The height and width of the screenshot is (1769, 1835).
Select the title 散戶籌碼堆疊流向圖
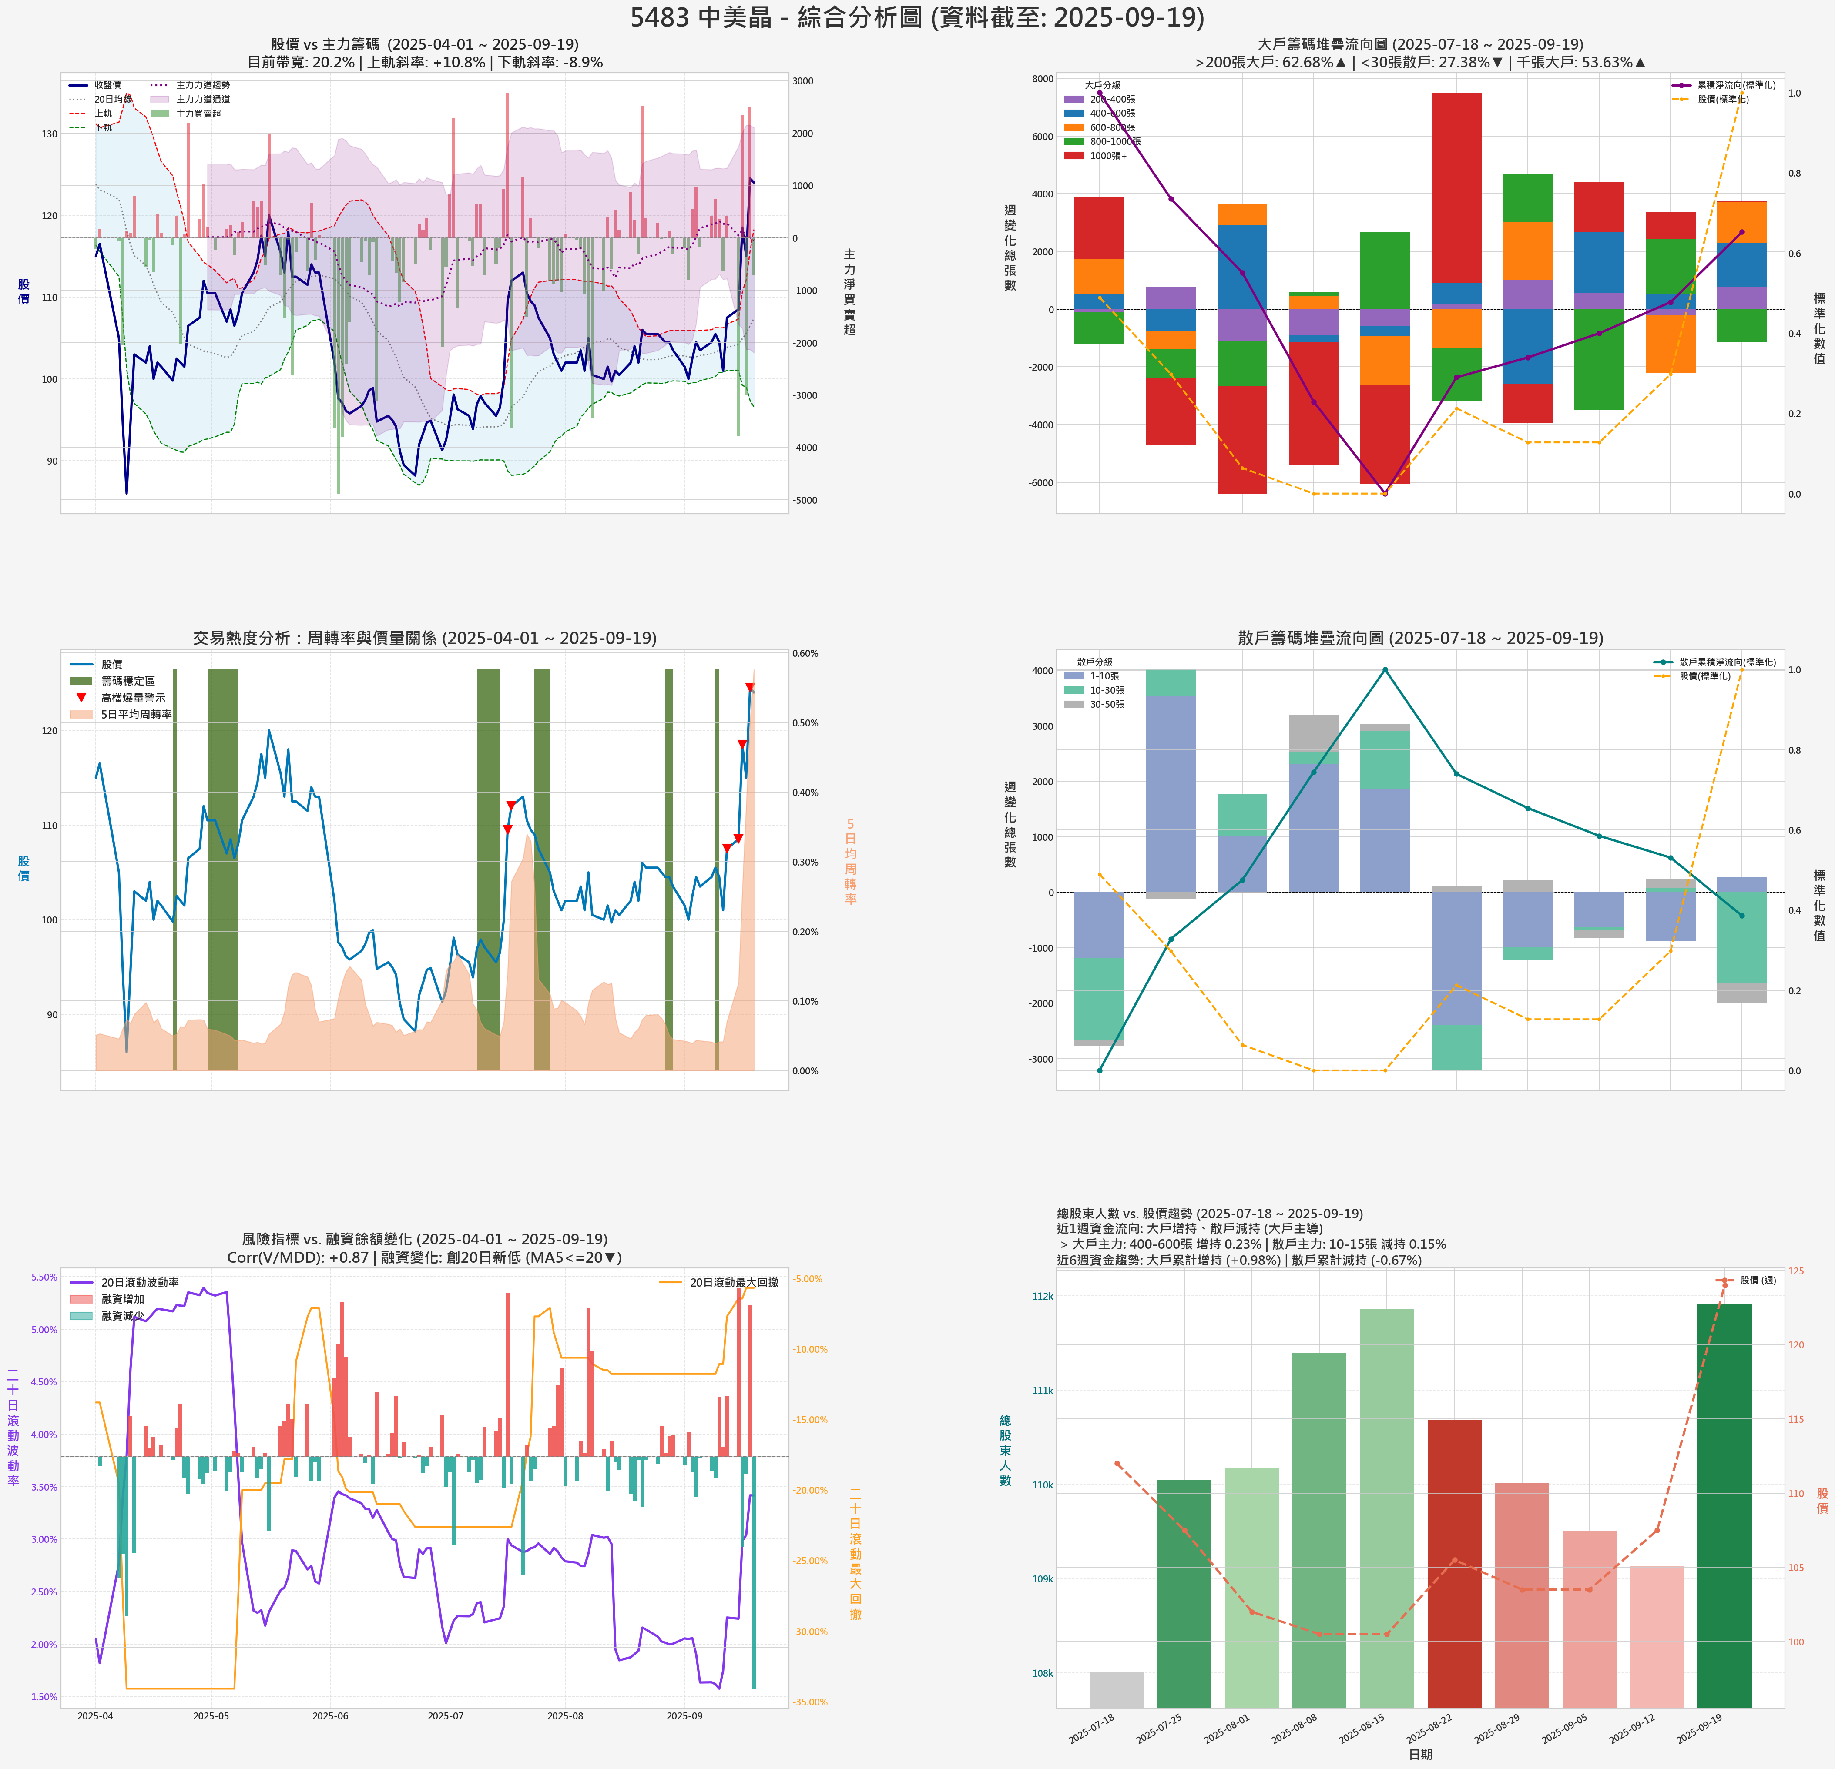pyautogui.click(x=1420, y=639)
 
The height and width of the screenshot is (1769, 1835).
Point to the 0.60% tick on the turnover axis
pyautogui.click(x=805, y=653)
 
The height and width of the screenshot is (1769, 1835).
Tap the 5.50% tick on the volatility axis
pyautogui.click(x=44, y=1277)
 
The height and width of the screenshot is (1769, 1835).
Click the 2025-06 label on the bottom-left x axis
pyautogui.click(x=329, y=1715)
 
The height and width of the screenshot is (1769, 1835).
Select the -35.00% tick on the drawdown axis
pyautogui.click(x=810, y=1702)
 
